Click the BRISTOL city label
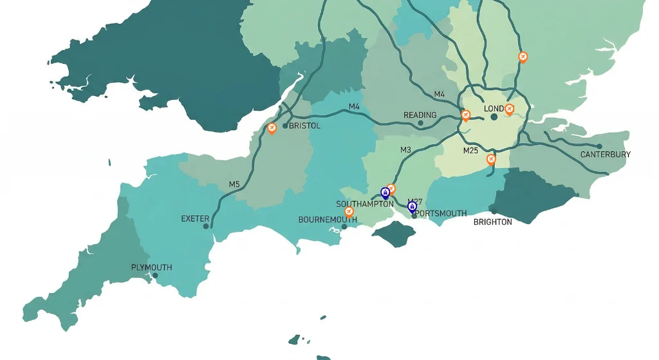tap(304, 126)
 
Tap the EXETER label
tap(195, 219)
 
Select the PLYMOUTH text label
tap(151, 267)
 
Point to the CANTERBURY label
tap(605, 155)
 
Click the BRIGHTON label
tap(492, 222)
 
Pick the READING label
tap(420, 115)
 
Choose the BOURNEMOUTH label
tap(327, 220)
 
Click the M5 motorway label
tap(234, 184)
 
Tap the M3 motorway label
tap(405, 150)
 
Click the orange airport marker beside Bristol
tap(272, 128)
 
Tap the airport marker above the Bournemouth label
tap(349, 211)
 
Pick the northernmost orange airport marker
tap(523, 57)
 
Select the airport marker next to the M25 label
tap(491, 158)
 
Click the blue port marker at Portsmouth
tap(413, 207)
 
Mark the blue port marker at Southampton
tap(385, 192)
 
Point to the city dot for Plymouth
tap(155, 276)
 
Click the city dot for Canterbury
tap(599, 146)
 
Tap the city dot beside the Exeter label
tap(206, 226)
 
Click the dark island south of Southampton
tap(393, 233)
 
